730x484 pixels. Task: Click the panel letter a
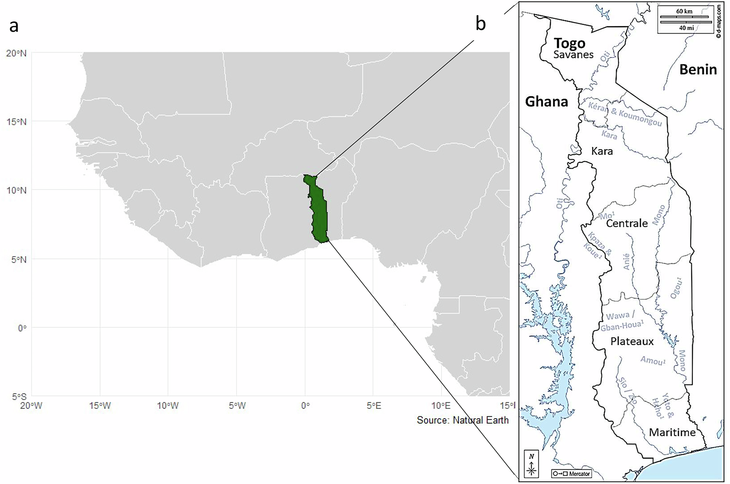(14, 26)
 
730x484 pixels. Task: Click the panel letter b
(480, 24)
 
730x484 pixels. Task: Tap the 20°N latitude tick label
(16, 53)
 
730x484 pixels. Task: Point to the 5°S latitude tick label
(16, 397)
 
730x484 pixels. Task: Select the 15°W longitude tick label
(100, 406)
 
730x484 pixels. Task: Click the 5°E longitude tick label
(373, 406)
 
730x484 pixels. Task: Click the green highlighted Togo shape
(319, 212)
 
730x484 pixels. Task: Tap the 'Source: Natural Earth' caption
(462, 420)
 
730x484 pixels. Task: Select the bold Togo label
(569, 43)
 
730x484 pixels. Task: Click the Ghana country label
(546, 101)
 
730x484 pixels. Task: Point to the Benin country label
(698, 69)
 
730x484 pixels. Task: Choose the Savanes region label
(573, 55)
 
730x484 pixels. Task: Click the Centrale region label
(627, 223)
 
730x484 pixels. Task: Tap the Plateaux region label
(632, 341)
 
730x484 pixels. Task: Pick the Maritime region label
(672, 433)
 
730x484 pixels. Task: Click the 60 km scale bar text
(684, 11)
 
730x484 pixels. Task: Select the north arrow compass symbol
(531, 465)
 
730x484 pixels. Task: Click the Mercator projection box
(571, 474)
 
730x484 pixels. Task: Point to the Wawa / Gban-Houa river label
(621, 321)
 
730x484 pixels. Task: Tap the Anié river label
(626, 262)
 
